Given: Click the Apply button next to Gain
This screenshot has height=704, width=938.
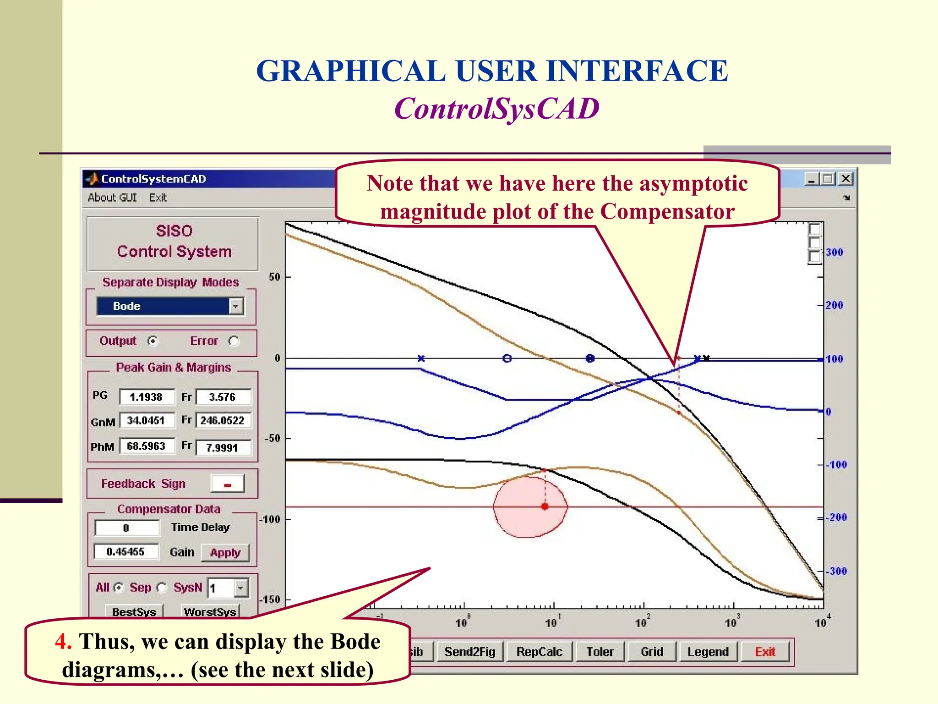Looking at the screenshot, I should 225,552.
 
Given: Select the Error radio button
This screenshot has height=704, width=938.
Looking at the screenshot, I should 234,341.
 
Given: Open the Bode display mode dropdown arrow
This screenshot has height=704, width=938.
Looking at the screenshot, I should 236,306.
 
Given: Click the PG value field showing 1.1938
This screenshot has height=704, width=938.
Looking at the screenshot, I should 147,397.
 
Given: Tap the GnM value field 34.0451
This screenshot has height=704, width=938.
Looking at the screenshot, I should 147,420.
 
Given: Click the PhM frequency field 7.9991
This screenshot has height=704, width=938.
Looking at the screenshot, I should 223,447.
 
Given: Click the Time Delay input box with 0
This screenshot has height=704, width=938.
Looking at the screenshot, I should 127,528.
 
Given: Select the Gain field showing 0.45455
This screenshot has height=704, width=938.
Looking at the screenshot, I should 126,552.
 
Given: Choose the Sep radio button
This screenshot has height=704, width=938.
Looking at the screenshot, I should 162,588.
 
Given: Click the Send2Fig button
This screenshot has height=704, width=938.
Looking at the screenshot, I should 470,652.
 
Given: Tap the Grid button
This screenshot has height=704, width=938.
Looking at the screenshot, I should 652,652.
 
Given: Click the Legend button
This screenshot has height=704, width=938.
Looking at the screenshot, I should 708,652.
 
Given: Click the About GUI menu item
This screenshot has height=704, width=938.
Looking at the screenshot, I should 112,198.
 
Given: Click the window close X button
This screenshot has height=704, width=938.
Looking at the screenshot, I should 845,179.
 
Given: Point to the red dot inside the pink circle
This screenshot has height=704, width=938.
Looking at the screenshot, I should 545,506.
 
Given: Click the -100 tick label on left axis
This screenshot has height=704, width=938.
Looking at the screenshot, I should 270,519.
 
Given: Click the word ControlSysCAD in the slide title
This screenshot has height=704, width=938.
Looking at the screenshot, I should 497,109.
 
